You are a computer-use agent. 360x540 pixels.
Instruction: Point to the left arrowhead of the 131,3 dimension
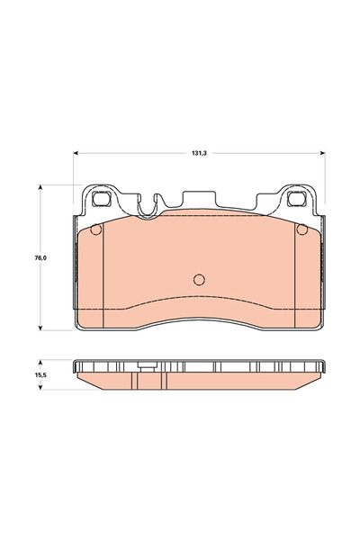(76, 154)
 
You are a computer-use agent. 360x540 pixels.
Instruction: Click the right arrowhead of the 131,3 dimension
(321, 154)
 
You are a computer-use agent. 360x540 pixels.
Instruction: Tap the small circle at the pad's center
(200, 278)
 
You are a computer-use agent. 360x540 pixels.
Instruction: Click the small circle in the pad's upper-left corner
(97, 229)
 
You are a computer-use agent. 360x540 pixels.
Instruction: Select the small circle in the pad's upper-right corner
(301, 229)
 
